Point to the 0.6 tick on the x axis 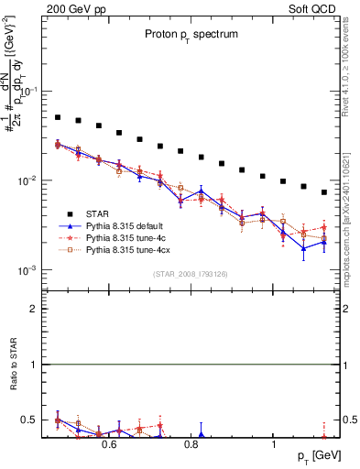[x=108, y=445]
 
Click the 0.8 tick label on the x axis [x=191, y=445]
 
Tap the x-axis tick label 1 [x=274, y=445]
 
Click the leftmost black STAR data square [x=58, y=117]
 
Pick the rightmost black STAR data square [x=324, y=192]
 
